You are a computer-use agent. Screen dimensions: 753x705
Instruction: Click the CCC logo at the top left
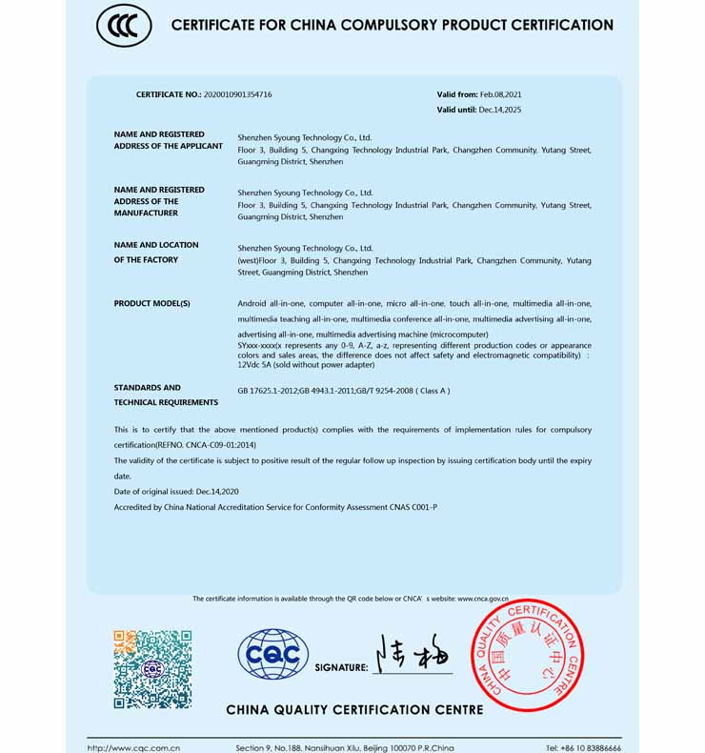[124, 26]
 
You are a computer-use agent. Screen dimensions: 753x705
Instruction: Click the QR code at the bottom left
[152, 668]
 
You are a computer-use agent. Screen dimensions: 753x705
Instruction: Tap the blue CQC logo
[272, 654]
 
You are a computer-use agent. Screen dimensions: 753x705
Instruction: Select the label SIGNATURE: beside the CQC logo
[341, 668]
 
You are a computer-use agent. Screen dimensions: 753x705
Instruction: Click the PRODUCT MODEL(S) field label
[152, 303]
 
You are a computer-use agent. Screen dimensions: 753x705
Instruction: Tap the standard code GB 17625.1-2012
[267, 391]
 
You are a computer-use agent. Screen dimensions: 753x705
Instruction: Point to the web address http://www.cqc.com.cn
[134, 748]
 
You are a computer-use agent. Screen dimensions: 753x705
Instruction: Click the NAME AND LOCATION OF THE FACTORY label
[156, 253]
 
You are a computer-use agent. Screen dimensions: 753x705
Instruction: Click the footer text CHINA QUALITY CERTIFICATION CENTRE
[354, 709]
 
